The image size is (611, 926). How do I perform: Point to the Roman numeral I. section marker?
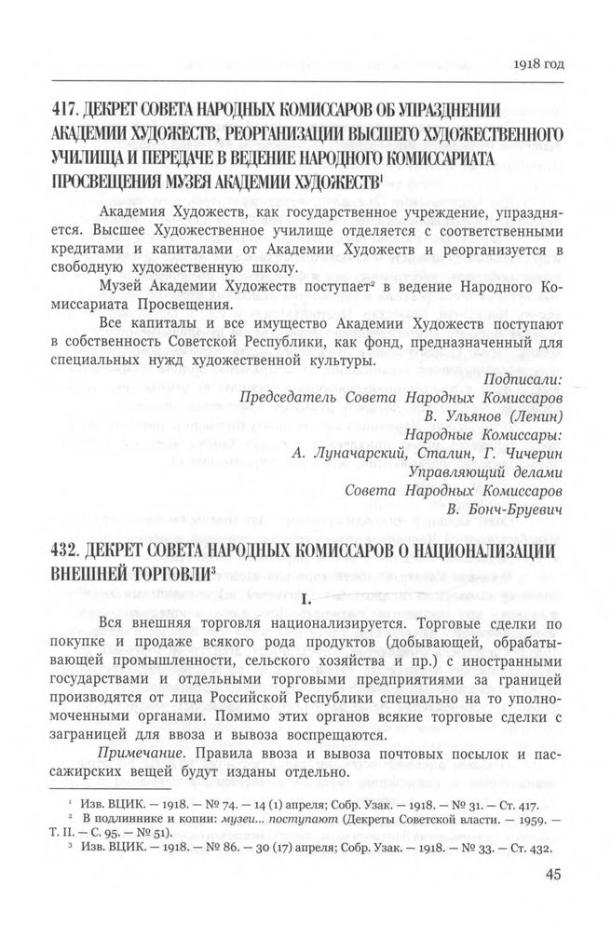click(x=305, y=597)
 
